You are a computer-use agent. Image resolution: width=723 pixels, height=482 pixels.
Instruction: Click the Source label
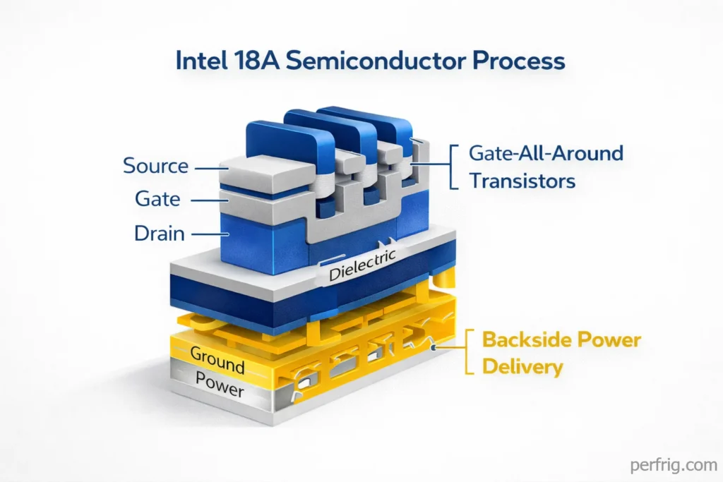point(155,167)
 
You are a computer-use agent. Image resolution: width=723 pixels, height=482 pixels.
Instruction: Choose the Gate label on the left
point(156,200)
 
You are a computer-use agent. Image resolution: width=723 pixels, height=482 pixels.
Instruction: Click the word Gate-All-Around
point(546,153)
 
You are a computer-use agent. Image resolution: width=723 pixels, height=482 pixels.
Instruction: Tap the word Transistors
point(522,181)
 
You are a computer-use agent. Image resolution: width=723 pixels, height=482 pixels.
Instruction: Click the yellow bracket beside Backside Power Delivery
point(467,353)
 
